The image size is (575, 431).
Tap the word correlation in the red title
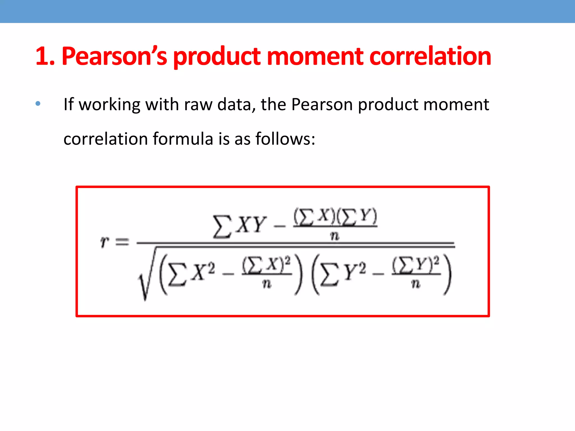[x=430, y=57]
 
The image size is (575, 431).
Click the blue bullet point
[x=38, y=104]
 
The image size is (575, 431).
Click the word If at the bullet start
[x=69, y=104]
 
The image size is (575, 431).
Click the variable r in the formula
[x=104, y=242]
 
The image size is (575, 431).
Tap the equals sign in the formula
[x=122, y=242]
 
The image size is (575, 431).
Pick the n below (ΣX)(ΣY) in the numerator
[x=335, y=237]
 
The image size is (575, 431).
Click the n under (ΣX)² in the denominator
[x=267, y=284]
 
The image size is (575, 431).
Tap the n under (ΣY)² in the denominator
[x=416, y=284]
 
